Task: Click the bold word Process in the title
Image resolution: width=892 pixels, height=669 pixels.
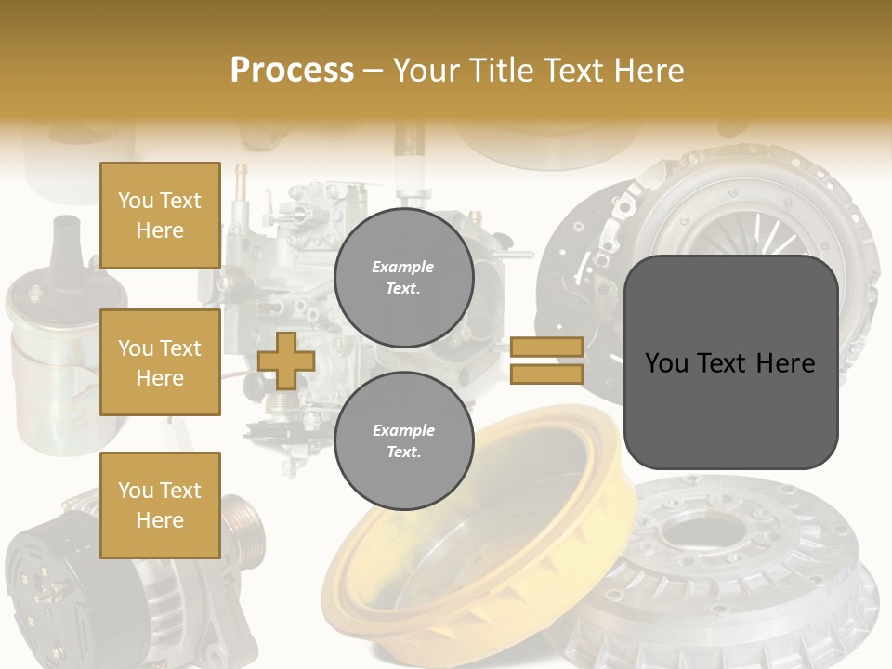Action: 292,70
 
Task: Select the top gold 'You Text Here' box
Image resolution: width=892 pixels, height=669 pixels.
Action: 160,216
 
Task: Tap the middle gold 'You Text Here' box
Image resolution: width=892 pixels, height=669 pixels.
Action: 160,362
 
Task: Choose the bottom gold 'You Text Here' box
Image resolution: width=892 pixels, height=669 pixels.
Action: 160,505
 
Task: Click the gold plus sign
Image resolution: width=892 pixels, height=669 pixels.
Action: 286,361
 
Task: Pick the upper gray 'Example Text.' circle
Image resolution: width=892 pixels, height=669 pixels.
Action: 403,278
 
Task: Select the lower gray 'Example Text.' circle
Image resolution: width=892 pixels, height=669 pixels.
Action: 403,441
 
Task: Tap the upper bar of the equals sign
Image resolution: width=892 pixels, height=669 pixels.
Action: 546,347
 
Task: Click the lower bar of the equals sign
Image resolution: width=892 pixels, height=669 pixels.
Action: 546,374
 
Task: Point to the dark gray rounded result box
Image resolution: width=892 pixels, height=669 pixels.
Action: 730,361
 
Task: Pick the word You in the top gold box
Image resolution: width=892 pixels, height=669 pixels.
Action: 136,201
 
